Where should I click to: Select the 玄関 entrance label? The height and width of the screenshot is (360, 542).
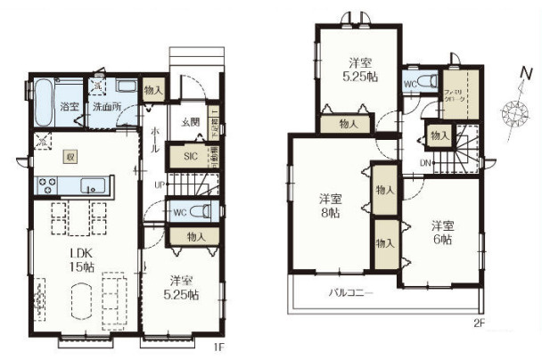[190, 122]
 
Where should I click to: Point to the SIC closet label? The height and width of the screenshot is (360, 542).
[190, 155]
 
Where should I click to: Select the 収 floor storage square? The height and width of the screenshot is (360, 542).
[70, 156]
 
